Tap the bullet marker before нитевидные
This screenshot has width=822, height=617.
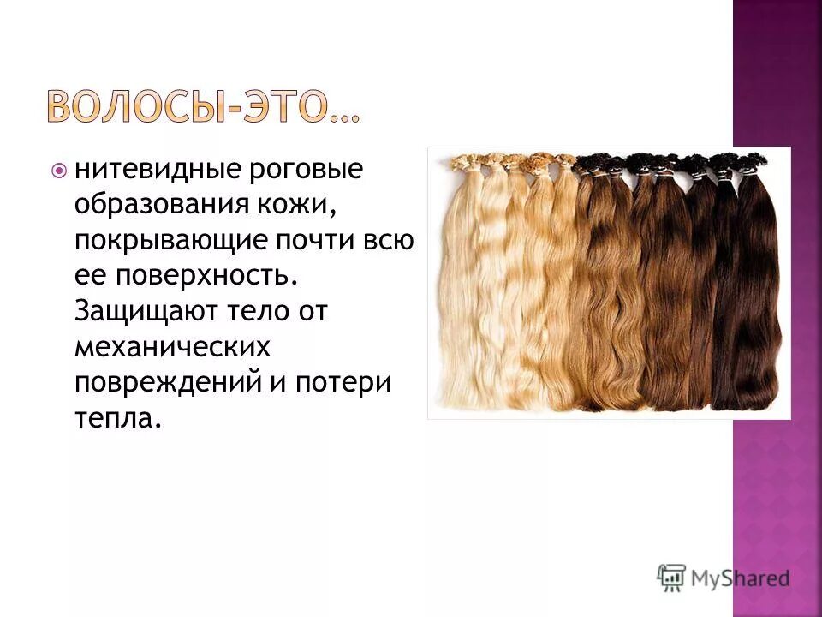click(x=59, y=171)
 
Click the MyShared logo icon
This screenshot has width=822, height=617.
click(x=672, y=578)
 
